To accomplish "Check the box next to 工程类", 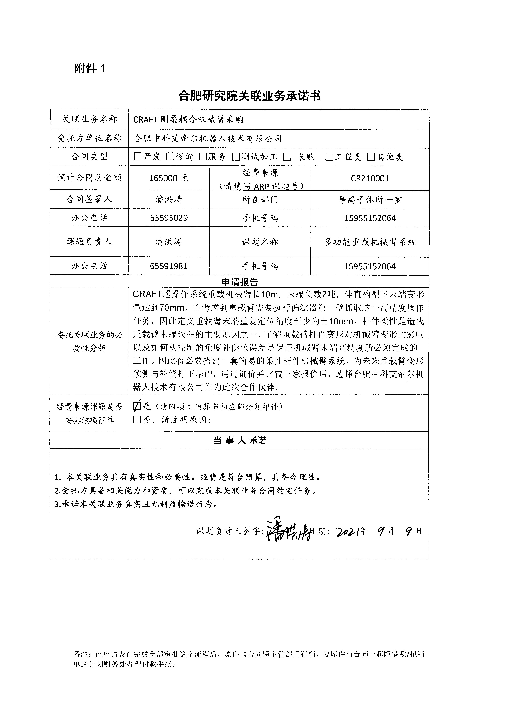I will point(329,157).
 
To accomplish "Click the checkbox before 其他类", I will point(371,157).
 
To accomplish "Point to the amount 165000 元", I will point(169,178).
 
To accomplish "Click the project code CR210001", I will point(370,178).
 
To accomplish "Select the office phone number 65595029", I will point(169,218).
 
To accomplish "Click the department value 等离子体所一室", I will point(370,200).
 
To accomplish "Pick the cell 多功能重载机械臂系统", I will point(370,242).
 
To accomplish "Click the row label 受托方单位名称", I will point(89,138).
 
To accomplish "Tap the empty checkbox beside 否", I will point(137,420).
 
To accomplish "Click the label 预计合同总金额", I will point(89,178).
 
